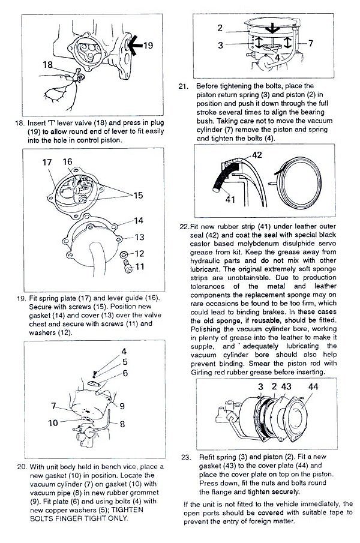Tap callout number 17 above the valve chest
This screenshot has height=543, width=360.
pyautogui.click(x=48, y=162)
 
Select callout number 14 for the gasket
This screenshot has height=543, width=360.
pyautogui.click(x=139, y=221)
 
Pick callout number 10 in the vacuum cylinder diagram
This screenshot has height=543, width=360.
pyautogui.click(x=53, y=423)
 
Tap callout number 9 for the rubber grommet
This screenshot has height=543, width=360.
pyautogui.click(x=122, y=406)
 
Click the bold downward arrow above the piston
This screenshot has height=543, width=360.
pyautogui.click(x=271, y=28)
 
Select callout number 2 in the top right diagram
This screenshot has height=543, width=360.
pyautogui.click(x=220, y=28)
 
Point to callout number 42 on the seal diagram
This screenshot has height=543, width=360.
pyautogui.click(x=257, y=155)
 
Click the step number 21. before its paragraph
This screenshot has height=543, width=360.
pyautogui.click(x=184, y=86)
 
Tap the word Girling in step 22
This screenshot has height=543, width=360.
pyautogui.click(x=209, y=372)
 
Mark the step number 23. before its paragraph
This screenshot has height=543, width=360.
pyautogui.click(x=186, y=457)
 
